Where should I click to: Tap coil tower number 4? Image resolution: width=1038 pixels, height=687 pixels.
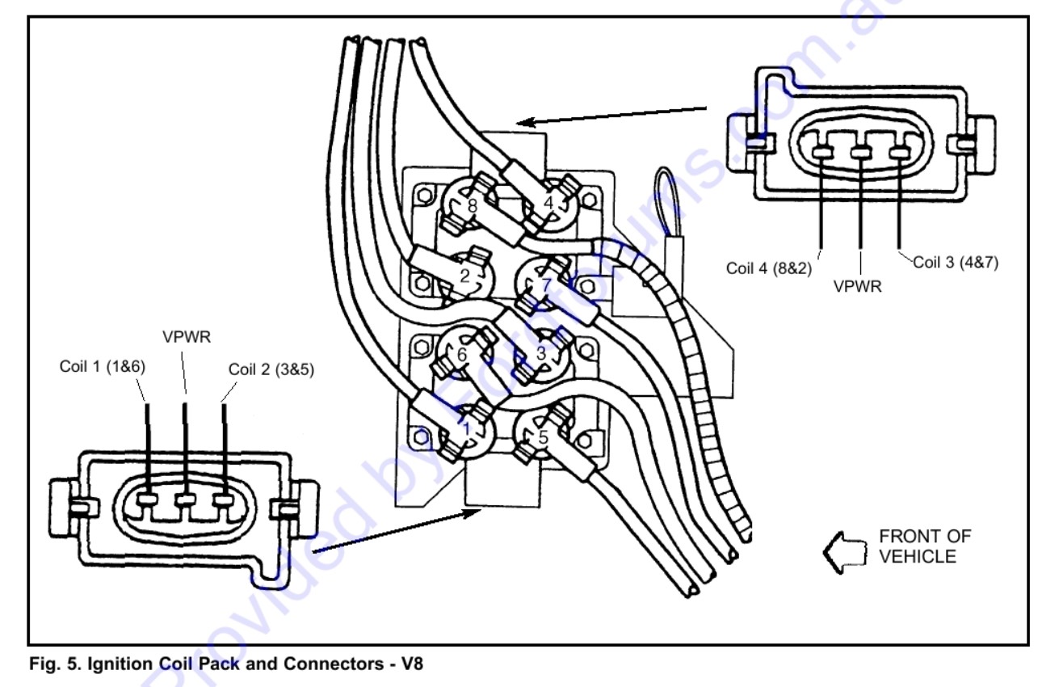pos(548,203)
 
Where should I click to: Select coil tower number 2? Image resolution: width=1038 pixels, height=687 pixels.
pos(464,276)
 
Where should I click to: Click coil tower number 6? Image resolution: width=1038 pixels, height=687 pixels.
pos(462,353)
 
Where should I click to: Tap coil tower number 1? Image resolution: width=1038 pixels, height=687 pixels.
pos(466,426)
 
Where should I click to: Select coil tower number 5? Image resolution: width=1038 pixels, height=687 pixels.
pos(543,436)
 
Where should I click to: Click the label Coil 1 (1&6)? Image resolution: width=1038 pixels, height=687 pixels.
pos(102,366)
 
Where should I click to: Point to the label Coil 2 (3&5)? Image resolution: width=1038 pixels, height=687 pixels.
pos(271,369)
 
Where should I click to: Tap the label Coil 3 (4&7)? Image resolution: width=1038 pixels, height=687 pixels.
pos(956,263)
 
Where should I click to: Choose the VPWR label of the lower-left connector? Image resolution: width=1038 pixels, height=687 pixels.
pos(187,336)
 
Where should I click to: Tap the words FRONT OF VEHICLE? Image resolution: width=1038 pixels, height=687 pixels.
pos(924,546)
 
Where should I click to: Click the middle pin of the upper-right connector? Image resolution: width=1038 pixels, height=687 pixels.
pos(861,152)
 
